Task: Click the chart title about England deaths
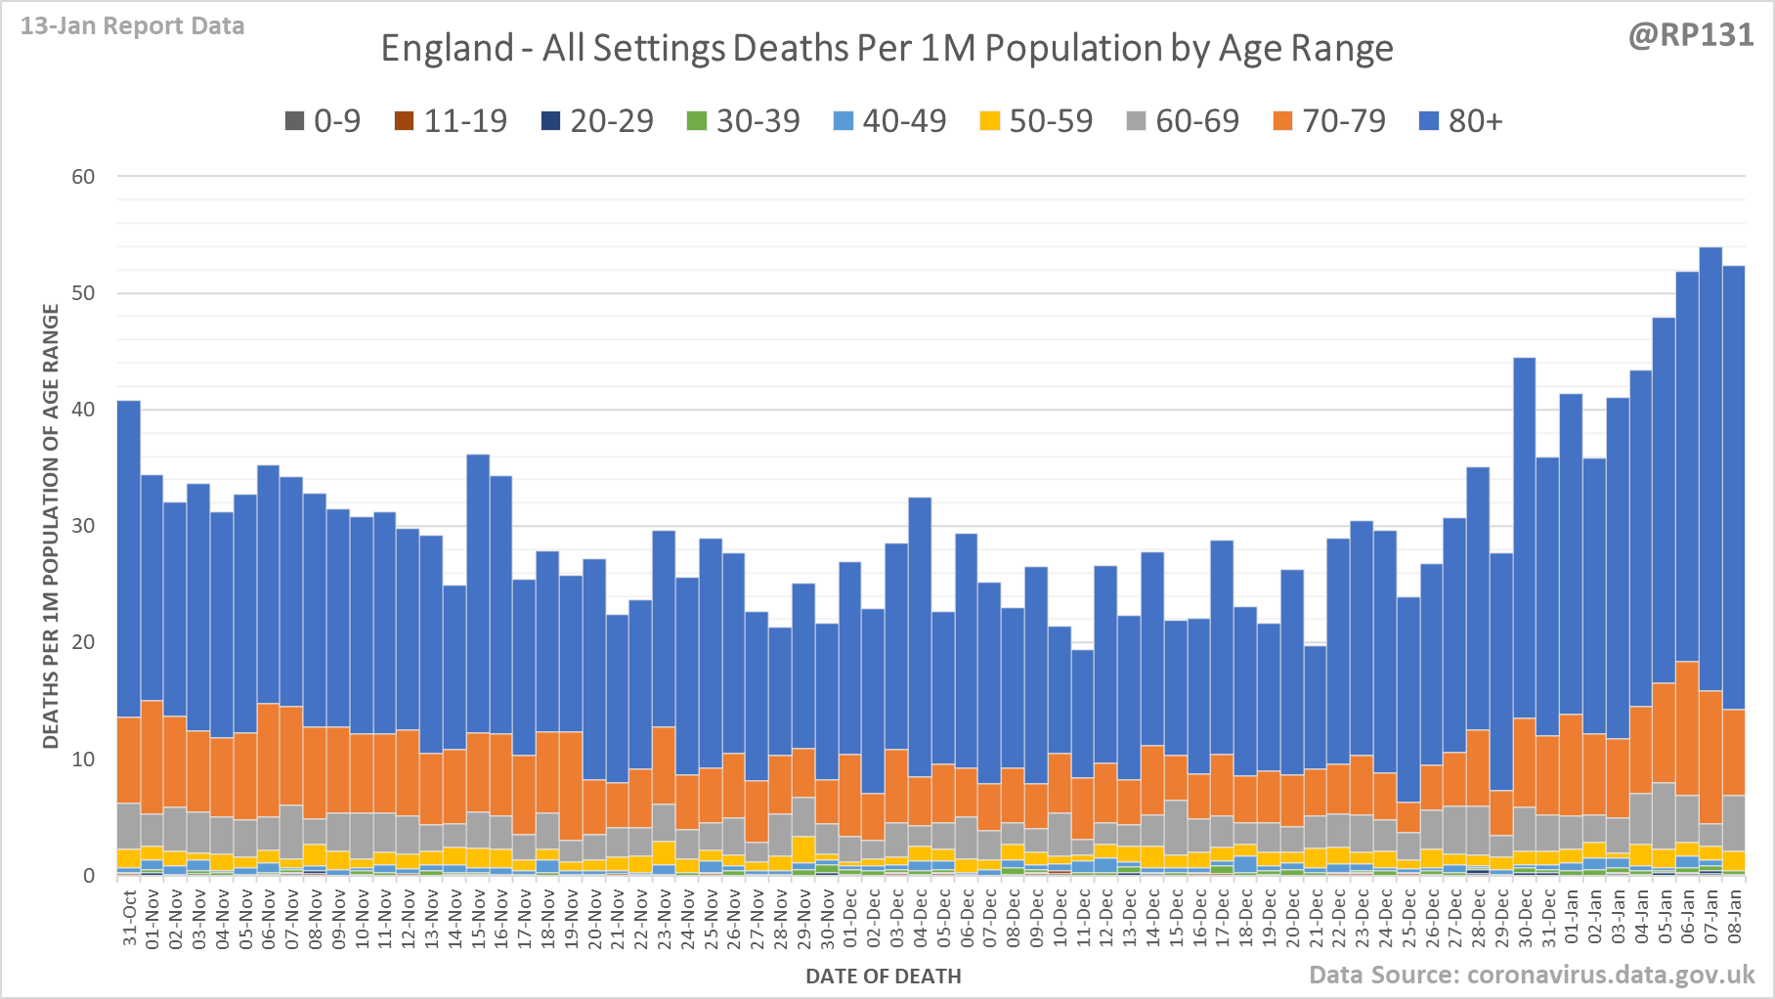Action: point(887,48)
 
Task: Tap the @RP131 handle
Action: point(1691,35)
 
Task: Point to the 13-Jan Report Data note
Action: point(133,26)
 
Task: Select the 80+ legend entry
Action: point(1461,121)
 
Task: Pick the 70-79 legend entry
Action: point(1330,121)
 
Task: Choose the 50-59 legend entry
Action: point(1037,121)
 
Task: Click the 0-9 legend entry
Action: point(324,121)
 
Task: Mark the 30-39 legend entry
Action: point(745,121)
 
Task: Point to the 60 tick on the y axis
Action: point(83,177)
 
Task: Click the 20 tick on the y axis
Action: point(83,642)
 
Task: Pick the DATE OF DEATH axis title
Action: point(884,976)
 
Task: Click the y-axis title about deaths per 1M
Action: point(51,526)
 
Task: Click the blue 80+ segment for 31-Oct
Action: point(129,557)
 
